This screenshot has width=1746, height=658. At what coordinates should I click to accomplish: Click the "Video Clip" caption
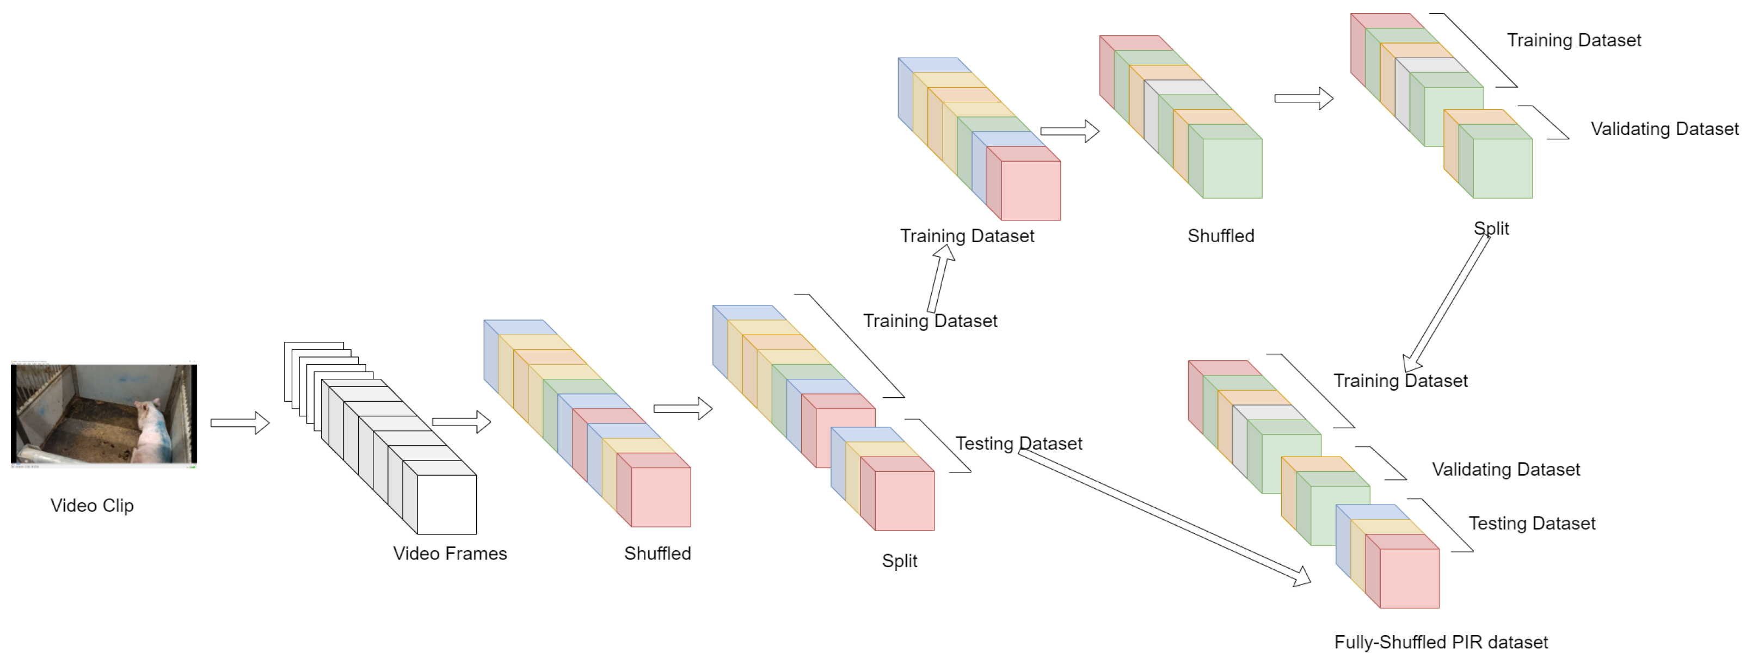click(x=91, y=506)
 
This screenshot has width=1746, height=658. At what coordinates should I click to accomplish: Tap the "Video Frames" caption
click(x=450, y=554)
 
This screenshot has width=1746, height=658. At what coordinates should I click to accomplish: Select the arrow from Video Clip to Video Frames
click(x=240, y=423)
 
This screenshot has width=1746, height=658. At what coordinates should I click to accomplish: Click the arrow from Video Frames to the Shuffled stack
click(x=461, y=421)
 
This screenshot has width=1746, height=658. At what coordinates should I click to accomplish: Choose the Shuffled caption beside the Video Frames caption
click(x=657, y=554)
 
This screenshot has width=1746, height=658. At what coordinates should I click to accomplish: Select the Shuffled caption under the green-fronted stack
click(x=1220, y=236)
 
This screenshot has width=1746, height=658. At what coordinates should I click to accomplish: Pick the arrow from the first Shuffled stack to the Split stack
click(x=683, y=409)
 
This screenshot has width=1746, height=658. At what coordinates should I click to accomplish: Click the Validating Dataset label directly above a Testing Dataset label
click(x=1505, y=470)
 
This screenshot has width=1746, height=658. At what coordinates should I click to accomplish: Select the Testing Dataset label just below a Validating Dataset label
click(x=1531, y=524)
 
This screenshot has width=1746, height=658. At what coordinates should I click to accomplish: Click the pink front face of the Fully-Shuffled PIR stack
click(x=1409, y=578)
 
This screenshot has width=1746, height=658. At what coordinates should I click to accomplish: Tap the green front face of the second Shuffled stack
click(x=1232, y=168)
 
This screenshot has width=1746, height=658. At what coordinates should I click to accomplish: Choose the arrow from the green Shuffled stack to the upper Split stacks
click(x=1304, y=99)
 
